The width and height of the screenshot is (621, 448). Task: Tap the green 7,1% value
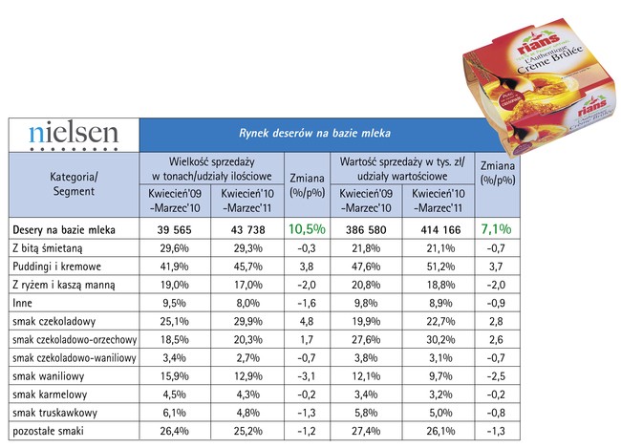497,229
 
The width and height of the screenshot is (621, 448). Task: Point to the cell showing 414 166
437,230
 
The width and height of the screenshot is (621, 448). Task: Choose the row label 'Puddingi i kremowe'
56,265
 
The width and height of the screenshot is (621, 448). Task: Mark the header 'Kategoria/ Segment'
74,183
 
